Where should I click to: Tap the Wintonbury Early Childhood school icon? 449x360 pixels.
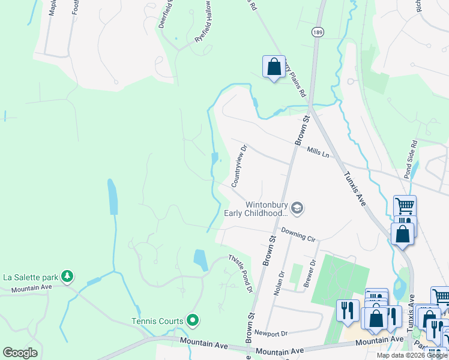(297, 208)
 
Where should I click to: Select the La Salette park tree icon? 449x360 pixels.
(68, 277)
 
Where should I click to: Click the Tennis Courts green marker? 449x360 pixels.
(192, 320)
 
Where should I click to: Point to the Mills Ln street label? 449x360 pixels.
(318, 154)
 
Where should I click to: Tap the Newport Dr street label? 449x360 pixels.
(271, 332)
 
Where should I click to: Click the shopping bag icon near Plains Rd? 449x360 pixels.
(274, 67)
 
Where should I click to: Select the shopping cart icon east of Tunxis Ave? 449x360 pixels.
(405, 206)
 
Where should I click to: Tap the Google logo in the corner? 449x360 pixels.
(20, 353)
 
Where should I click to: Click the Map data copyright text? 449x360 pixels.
(412, 355)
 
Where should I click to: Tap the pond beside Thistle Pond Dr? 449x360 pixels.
(200, 260)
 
